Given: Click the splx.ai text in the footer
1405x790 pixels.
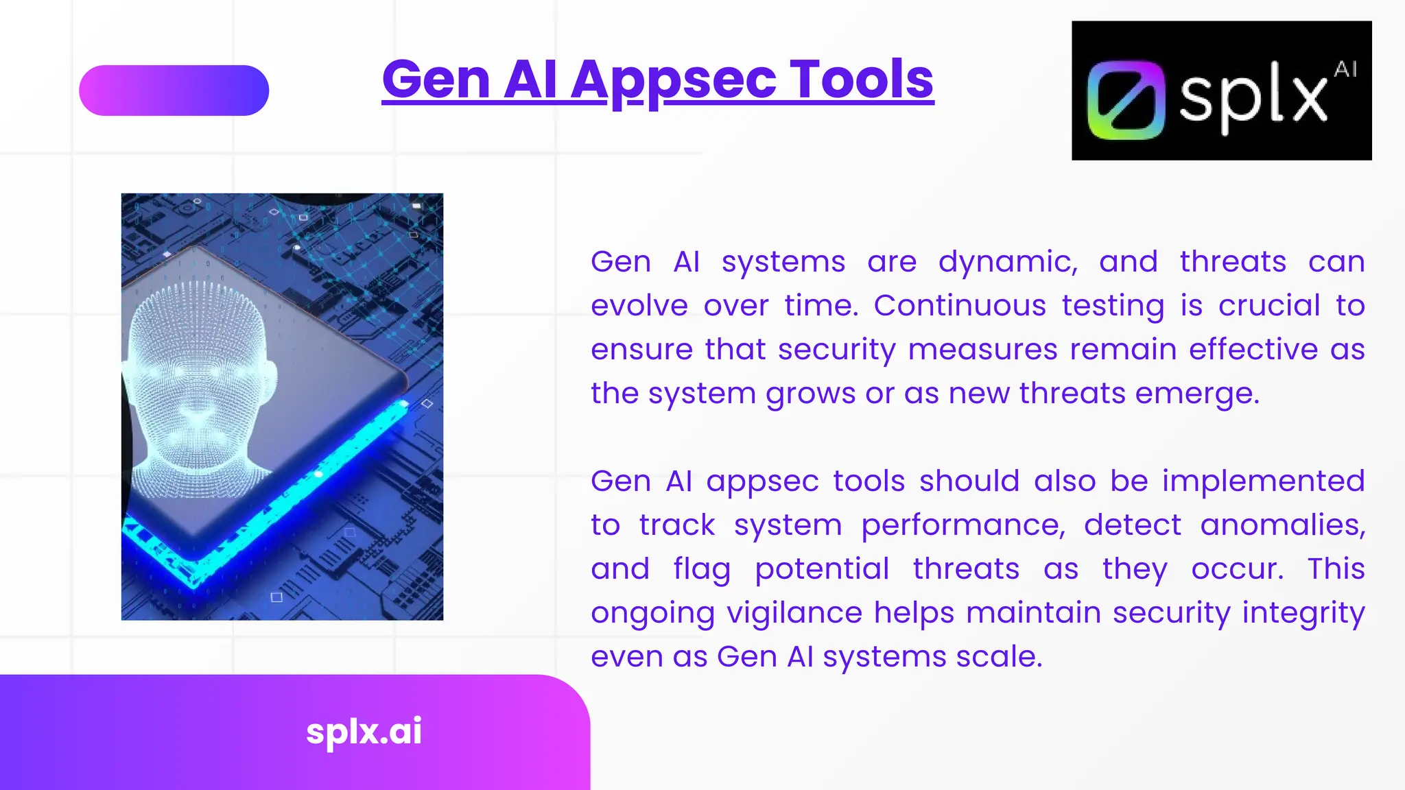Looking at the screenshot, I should tap(364, 731).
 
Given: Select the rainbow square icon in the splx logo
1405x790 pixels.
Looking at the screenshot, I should tap(1126, 99).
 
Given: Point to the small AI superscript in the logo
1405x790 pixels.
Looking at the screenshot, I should tap(1345, 69).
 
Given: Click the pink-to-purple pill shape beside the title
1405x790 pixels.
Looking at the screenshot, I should tap(174, 91).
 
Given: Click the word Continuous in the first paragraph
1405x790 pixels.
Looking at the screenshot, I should tap(959, 306).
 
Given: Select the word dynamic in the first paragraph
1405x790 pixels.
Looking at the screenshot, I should tap(1007, 262).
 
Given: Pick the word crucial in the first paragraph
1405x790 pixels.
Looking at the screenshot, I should tap(1268, 306).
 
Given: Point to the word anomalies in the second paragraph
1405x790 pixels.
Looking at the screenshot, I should tap(1282, 525).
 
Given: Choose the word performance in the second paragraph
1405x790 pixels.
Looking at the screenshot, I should tap(963, 525).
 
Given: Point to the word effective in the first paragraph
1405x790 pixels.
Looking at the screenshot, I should tap(1253, 350).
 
